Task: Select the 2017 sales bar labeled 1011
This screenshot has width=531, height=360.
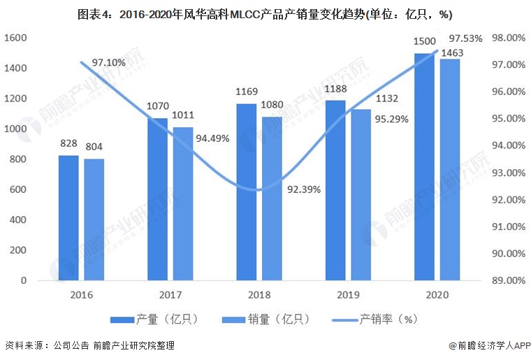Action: click(x=183, y=203)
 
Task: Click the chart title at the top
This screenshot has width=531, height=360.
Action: click(x=265, y=14)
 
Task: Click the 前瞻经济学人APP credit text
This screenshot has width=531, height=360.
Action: click(x=488, y=345)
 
